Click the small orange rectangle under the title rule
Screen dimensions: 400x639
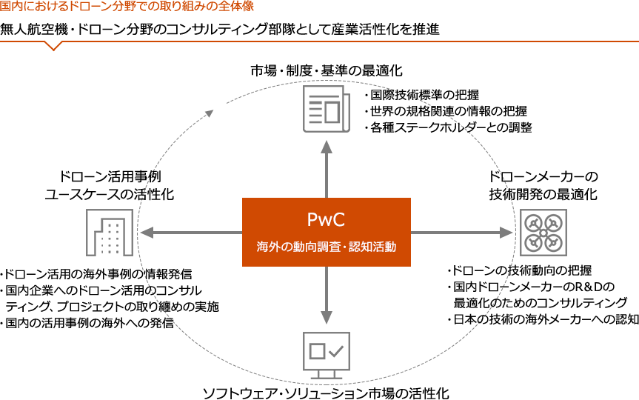tap(53, 47)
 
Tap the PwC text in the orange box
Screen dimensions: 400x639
tap(326, 219)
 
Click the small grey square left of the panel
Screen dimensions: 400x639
tap(110, 233)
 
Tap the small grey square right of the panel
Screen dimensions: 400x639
tap(543, 233)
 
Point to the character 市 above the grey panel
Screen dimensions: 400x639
tap(256, 71)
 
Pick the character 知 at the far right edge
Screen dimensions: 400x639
tap(633, 319)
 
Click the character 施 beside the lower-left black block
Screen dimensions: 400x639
tap(214, 306)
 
